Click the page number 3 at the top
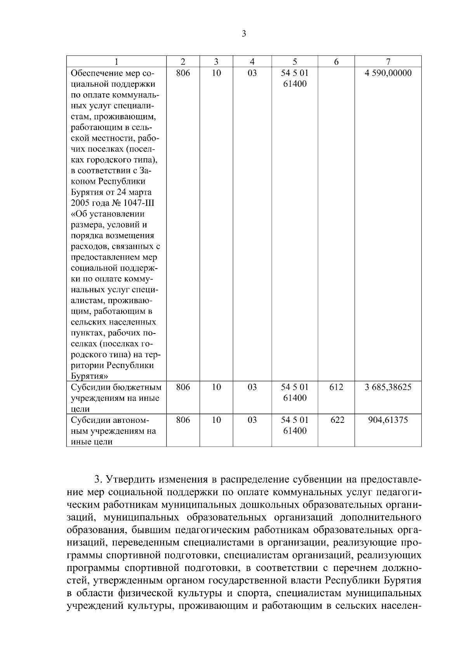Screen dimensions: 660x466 (244, 34)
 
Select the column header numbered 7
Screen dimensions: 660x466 (388, 61)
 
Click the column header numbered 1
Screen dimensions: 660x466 (116, 61)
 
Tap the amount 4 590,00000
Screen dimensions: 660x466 (388, 73)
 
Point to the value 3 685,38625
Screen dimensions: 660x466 (388, 387)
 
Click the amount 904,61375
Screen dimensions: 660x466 (388, 420)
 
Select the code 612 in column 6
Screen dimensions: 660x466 (336, 387)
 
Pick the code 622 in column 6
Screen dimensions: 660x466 (336, 420)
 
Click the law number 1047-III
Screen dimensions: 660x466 (141, 203)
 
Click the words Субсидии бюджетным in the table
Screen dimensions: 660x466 (116, 387)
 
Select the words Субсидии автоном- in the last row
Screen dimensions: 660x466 (110, 420)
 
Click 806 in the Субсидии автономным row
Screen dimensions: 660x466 (183, 420)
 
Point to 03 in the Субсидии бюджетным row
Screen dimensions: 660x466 (252, 387)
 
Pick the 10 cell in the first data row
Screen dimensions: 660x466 (216, 73)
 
